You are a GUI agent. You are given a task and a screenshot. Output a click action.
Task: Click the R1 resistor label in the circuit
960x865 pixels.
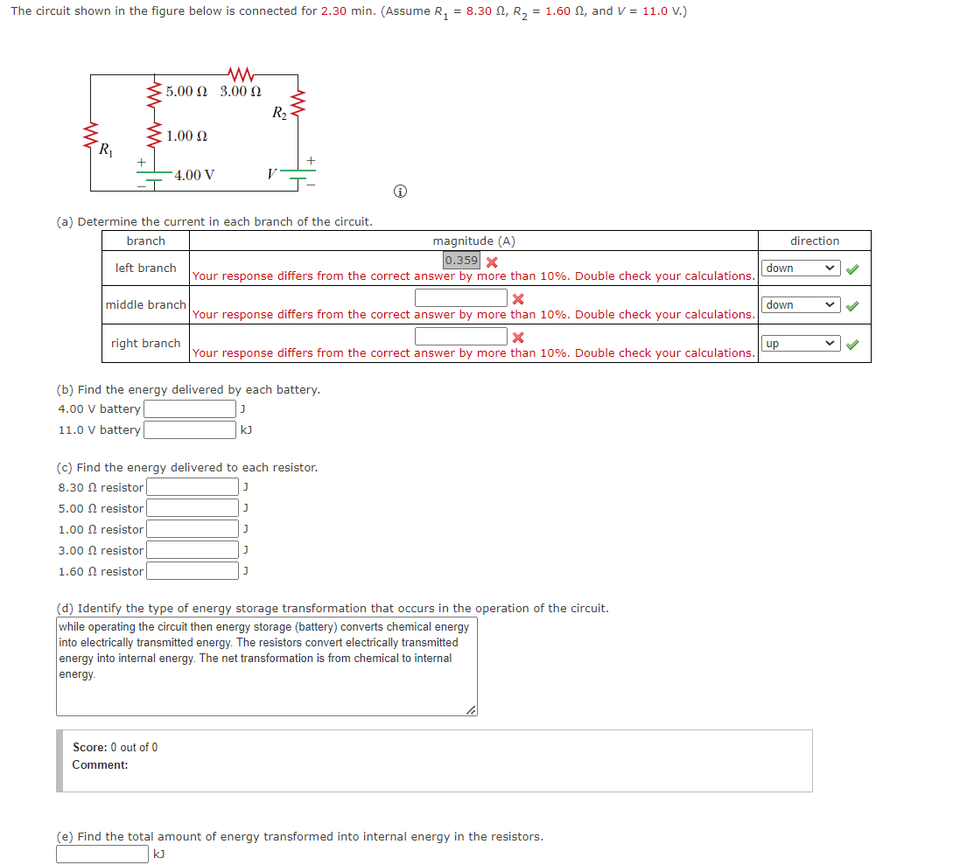pos(105,150)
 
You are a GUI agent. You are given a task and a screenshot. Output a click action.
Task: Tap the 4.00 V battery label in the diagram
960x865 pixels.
pos(194,175)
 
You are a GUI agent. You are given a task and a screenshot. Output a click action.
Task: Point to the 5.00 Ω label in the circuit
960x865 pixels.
pos(186,91)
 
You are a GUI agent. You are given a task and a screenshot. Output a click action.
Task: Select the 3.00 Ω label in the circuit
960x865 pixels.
pos(241,91)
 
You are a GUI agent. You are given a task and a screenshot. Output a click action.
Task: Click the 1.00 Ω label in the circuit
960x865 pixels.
pos(186,136)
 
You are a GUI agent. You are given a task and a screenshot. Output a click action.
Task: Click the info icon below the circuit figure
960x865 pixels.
pos(399,192)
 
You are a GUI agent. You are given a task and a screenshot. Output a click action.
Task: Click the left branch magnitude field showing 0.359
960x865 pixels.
pos(461,261)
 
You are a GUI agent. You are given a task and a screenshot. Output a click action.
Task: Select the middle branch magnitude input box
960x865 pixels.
pos(461,298)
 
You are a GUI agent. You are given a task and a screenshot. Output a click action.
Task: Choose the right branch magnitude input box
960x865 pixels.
pos(461,336)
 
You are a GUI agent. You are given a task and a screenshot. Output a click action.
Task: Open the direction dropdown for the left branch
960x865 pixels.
pos(801,268)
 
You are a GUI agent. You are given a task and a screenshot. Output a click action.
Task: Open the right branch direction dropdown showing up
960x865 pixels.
pos(801,344)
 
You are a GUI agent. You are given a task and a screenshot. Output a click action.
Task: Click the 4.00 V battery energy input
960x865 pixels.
pos(190,408)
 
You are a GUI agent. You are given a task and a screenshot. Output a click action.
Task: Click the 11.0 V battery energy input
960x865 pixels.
pos(190,429)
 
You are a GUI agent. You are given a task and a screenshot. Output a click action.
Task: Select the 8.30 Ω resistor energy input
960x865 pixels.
pos(192,487)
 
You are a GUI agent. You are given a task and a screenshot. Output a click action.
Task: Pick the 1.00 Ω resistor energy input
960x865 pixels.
pos(192,529)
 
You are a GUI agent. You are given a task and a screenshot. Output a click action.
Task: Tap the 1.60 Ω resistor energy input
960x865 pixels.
pos(192,571)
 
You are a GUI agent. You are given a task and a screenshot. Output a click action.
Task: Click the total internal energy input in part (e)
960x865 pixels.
pos(102,854)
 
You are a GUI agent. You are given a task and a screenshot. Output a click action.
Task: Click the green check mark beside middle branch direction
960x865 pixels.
pos(853,305)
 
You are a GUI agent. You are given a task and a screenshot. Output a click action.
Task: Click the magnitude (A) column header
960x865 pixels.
pos(473,241)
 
